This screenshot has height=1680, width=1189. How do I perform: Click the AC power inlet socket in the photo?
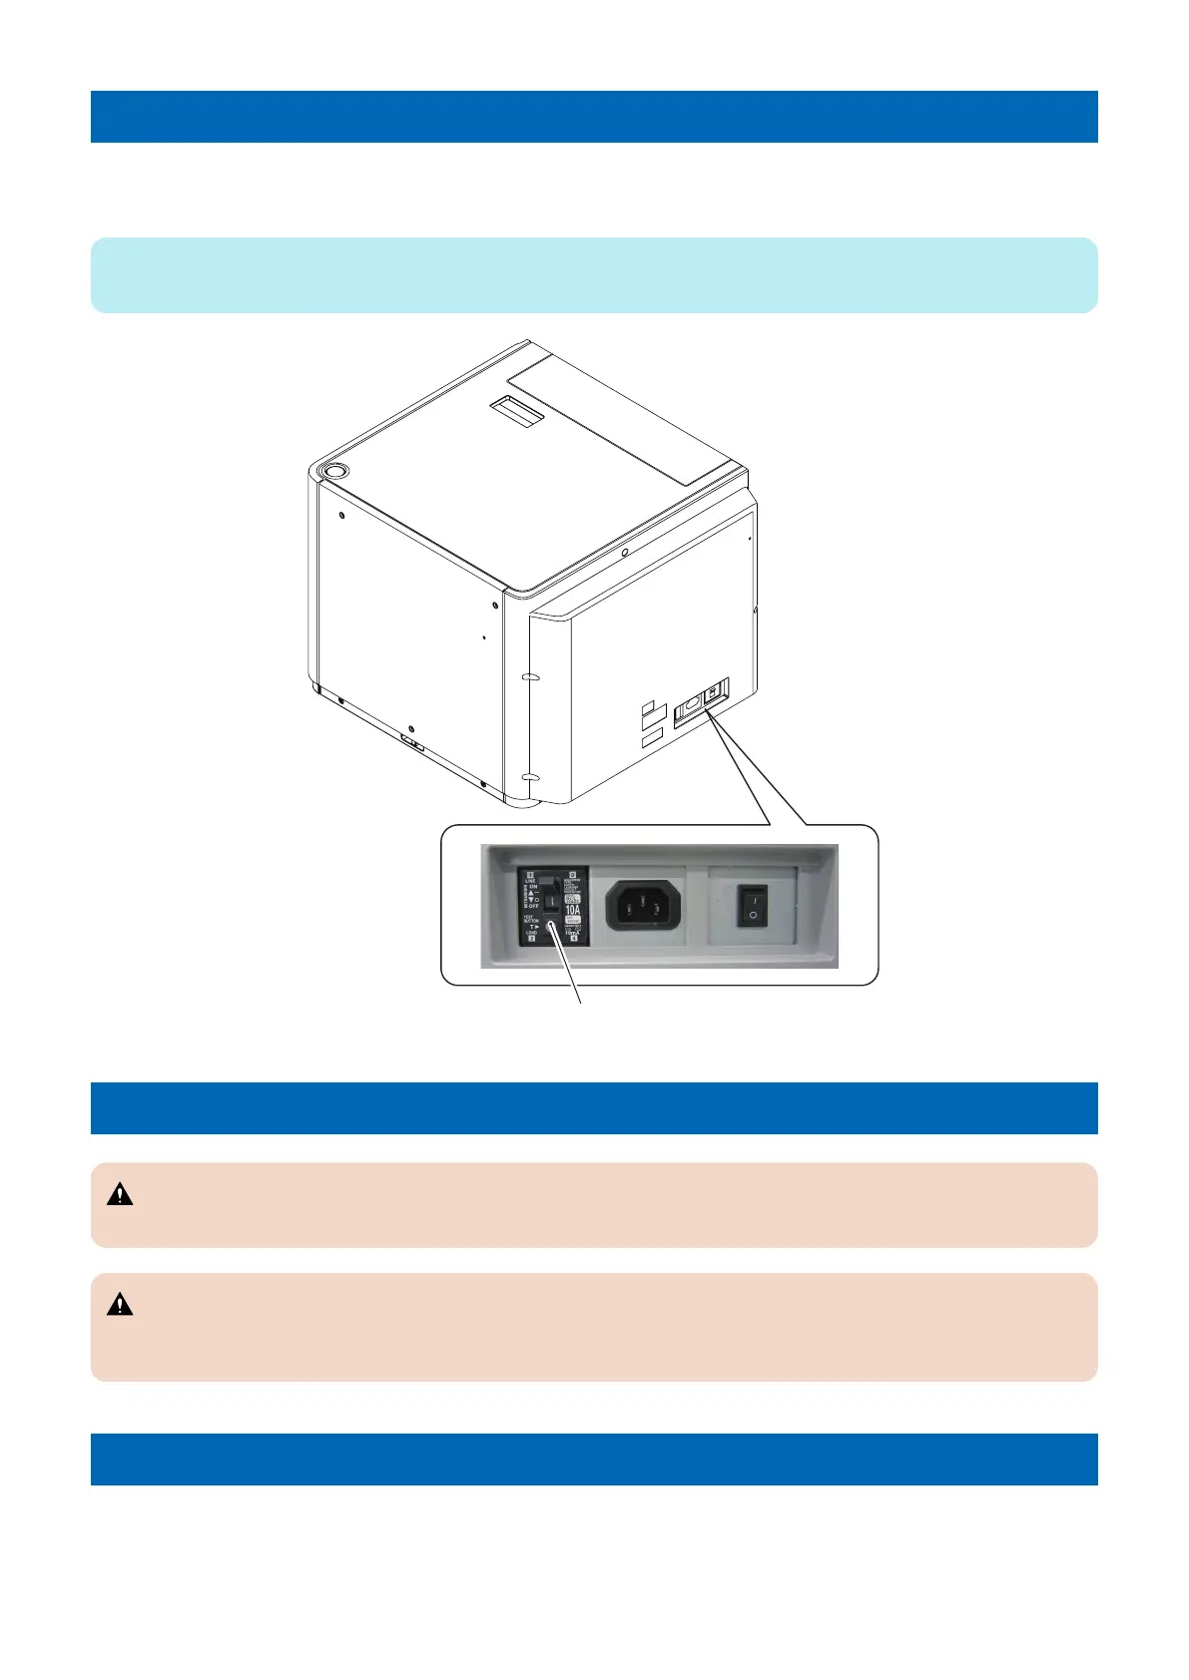[645, 906]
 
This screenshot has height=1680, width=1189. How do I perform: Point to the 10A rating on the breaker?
[572, 909]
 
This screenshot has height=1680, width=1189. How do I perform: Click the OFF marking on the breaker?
[533, 906]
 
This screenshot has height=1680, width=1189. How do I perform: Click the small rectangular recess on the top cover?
[516, 408]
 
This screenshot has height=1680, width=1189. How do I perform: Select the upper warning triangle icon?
[120, 1194]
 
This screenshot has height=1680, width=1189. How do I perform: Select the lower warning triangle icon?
[120, 1304]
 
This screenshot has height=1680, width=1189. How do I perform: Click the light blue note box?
[594, 275]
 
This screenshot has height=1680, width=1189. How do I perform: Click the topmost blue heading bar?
[594, 117]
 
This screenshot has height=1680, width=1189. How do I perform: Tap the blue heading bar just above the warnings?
[594, 1107]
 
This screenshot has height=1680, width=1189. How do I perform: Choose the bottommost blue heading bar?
[594, 1459]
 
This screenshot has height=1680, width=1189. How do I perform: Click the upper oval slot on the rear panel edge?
[531, 677]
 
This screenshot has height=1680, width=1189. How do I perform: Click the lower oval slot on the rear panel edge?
[531, 775]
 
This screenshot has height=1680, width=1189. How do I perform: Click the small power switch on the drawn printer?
[716, 690]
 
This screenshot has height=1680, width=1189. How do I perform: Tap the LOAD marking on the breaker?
[531, 932]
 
